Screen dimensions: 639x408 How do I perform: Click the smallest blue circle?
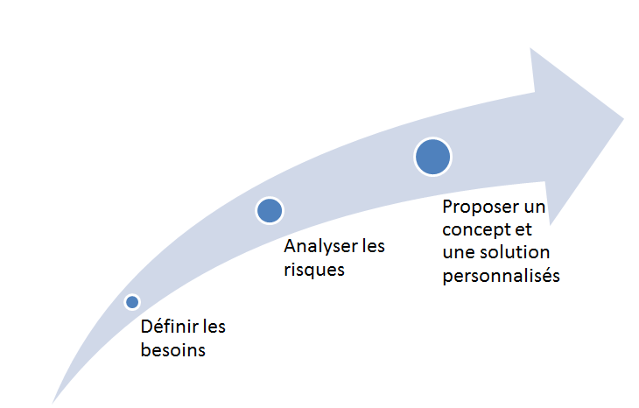point(132,302)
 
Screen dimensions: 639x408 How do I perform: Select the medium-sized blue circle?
point(270,210)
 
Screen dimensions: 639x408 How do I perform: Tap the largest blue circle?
point(432,157)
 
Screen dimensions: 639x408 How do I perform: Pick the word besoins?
point(173,350)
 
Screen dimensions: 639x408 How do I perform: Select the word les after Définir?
point(214,327)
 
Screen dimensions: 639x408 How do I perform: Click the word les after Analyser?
point(374,246)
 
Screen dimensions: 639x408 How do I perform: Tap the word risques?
point(314,271)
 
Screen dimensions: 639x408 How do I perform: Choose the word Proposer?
point(481,208)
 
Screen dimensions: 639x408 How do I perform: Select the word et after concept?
point(523,230)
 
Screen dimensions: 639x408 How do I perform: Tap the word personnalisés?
point(502,276)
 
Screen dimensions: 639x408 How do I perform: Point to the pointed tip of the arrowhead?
point(624,118)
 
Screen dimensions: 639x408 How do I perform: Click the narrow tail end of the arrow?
point(53,403)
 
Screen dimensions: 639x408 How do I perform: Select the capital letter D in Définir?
point(146,327)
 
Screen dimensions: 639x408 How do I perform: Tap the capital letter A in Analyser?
point(290,246)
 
